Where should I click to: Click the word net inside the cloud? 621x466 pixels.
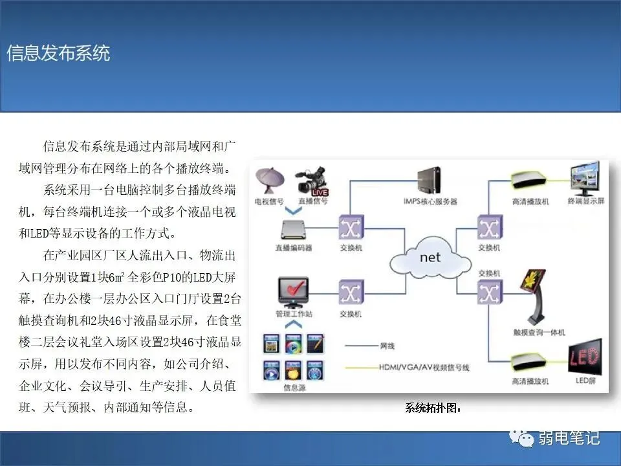430,257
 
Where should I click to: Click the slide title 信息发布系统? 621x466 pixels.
58,53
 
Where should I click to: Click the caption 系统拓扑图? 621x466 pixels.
433,408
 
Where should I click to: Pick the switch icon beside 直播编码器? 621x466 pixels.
350,228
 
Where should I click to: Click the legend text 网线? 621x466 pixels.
389,346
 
